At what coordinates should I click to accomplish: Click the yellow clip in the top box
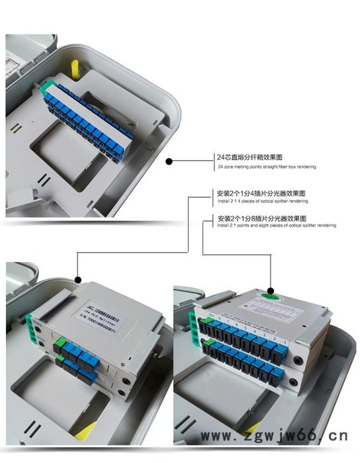(x=75, y=68)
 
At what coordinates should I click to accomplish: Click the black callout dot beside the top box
(x=169, y=161)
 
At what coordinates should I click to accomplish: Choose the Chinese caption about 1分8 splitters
(x=261, y=218)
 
